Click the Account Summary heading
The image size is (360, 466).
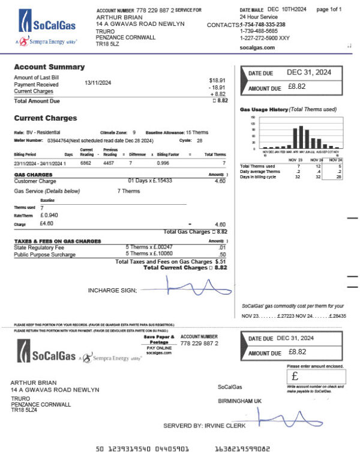(x=49, y=67)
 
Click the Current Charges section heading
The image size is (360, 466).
(x=46, y=118)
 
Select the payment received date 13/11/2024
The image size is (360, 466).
(x=98, y=85)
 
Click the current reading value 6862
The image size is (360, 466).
(x=86, y=163)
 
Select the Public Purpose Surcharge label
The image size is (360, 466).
(x=45, y=255)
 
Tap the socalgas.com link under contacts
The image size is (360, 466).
(x=257, y=47)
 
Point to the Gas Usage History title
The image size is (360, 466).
(x=262, y=110)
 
